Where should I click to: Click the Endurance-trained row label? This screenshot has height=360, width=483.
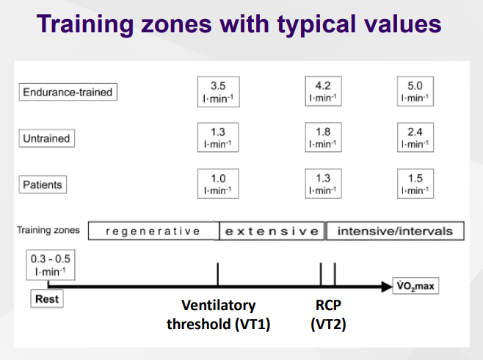[x=68, y=92]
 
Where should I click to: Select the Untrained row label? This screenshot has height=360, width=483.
[x=46, y=138]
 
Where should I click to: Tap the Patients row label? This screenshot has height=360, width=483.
[x=43, y=184]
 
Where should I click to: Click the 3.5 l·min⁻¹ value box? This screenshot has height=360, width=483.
[x=219, y=92]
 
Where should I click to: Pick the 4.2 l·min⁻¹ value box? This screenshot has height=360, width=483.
[x=323, y=91]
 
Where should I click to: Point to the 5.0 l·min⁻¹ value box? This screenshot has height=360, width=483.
[x=415, y=91]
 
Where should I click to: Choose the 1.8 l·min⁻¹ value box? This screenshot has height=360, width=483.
[x=323, y=137]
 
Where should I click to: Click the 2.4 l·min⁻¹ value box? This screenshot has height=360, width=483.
[x=415, y=137]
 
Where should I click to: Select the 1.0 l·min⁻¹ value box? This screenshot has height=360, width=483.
[x=218, y=184]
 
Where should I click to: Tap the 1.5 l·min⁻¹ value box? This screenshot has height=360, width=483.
[x=415, y=184]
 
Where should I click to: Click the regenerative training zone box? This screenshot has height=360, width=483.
[x=153, y=231]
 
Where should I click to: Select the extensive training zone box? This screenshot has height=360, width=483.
[x=272, y=231]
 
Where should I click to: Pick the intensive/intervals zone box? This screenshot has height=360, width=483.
[x=395, y=231]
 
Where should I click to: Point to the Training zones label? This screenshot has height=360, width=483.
[x=48, y=230]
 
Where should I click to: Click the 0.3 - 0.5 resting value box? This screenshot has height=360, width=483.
[x=51, y=264]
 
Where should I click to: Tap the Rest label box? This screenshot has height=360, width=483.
[x=47, y=299]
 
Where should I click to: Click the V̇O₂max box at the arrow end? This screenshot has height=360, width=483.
[x=415, y=286]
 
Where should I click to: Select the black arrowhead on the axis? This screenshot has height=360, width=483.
[x=387, y=287]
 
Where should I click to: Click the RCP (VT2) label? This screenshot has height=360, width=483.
[x=328, y=314]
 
